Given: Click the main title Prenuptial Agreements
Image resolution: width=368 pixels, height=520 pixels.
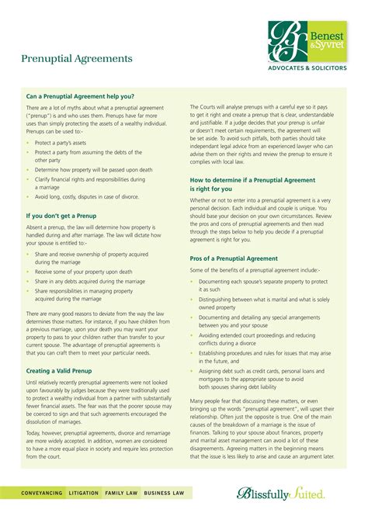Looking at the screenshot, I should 76,59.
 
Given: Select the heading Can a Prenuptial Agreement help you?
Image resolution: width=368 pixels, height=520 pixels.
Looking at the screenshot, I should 81,96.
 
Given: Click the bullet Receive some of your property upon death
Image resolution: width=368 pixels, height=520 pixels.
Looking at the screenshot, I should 83,272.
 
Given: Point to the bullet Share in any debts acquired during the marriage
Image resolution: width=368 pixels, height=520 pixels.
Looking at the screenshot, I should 89,281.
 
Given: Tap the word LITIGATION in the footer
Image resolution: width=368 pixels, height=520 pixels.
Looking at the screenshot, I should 83,493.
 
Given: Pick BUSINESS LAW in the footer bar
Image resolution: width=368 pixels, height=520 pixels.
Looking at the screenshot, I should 163,493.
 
